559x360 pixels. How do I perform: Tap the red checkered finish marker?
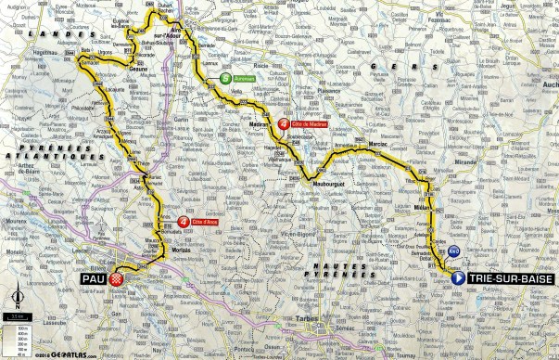tap(116, 277)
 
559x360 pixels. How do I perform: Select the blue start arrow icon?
tap(458, 276)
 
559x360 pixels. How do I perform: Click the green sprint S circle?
tap(225, 81)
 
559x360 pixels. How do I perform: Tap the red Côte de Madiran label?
tap(311, 123)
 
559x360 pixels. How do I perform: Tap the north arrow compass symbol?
tap(18, 299)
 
